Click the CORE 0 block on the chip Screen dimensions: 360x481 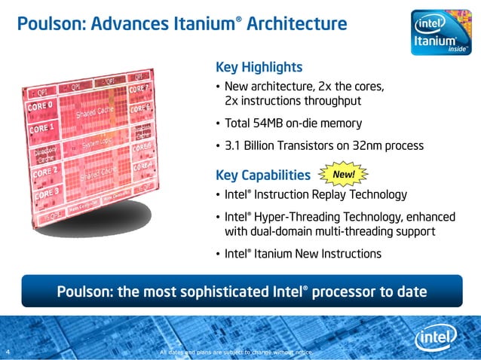[x=43, y=107]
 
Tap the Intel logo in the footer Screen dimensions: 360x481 [x=434, y=338]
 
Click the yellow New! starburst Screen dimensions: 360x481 [x=344, y=175]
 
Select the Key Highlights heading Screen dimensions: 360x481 [x=259, y=67]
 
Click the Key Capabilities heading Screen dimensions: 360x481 [x=262, y=175]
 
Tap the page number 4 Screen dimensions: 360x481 [x=7, y=352]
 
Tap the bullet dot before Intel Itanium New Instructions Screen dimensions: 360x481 [x=219, y=254]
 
